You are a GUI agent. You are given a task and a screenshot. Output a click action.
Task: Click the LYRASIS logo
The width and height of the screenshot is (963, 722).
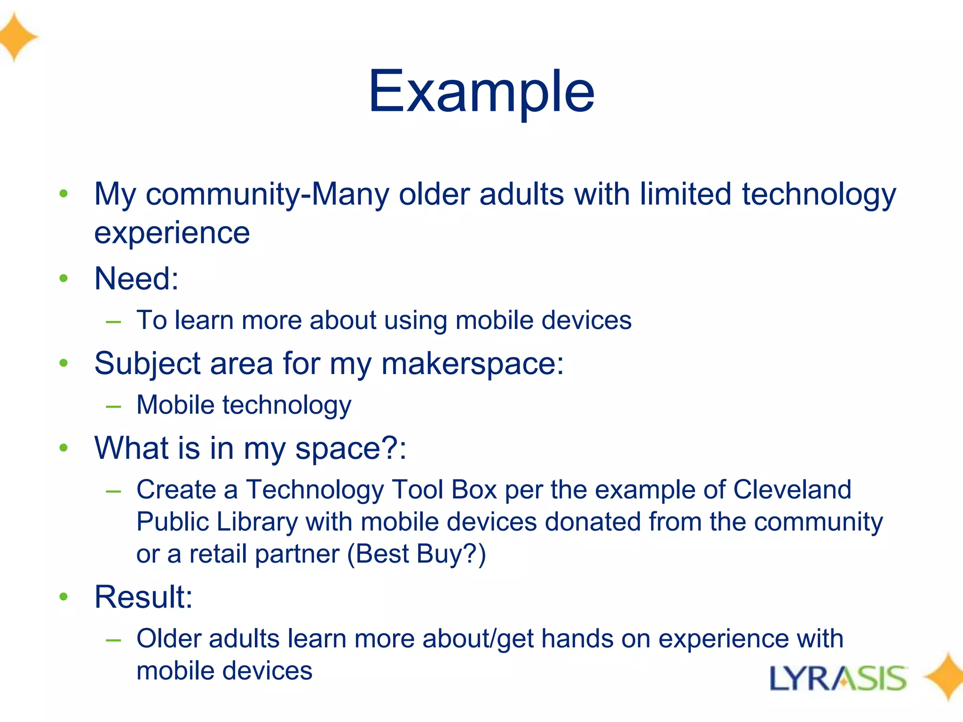click(x=838, y=678)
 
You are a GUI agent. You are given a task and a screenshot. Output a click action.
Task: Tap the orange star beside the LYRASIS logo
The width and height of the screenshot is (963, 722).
click(x=945, y=677)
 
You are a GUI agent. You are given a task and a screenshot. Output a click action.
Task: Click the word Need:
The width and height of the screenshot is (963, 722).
click(x=136, y=279)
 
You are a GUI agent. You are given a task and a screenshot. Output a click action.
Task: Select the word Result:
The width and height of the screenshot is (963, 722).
click(x=143, y=597)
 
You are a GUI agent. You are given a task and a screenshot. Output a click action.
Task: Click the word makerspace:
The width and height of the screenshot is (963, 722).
click(x=472, y=364)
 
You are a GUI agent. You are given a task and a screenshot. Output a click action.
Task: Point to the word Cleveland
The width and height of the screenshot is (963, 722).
click(x=792, y=490)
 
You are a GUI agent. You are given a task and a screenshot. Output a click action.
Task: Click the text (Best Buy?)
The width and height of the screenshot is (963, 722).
click(x=417, y=554)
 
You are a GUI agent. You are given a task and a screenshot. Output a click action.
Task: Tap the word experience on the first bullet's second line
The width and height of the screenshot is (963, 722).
click(x=172, y=234)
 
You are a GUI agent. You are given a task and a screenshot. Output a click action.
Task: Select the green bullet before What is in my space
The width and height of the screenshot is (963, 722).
click(x=64, y=448)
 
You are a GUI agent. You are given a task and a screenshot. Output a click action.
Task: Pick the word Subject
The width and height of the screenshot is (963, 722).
click(x=147, y=364)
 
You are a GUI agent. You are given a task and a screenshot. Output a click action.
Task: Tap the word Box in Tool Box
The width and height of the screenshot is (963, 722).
click(x=474, y=490)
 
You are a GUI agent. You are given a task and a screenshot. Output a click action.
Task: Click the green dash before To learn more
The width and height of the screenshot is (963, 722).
click(x=113, y=322)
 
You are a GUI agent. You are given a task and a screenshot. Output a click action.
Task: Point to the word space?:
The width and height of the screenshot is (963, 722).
click(x=350, y=449)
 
